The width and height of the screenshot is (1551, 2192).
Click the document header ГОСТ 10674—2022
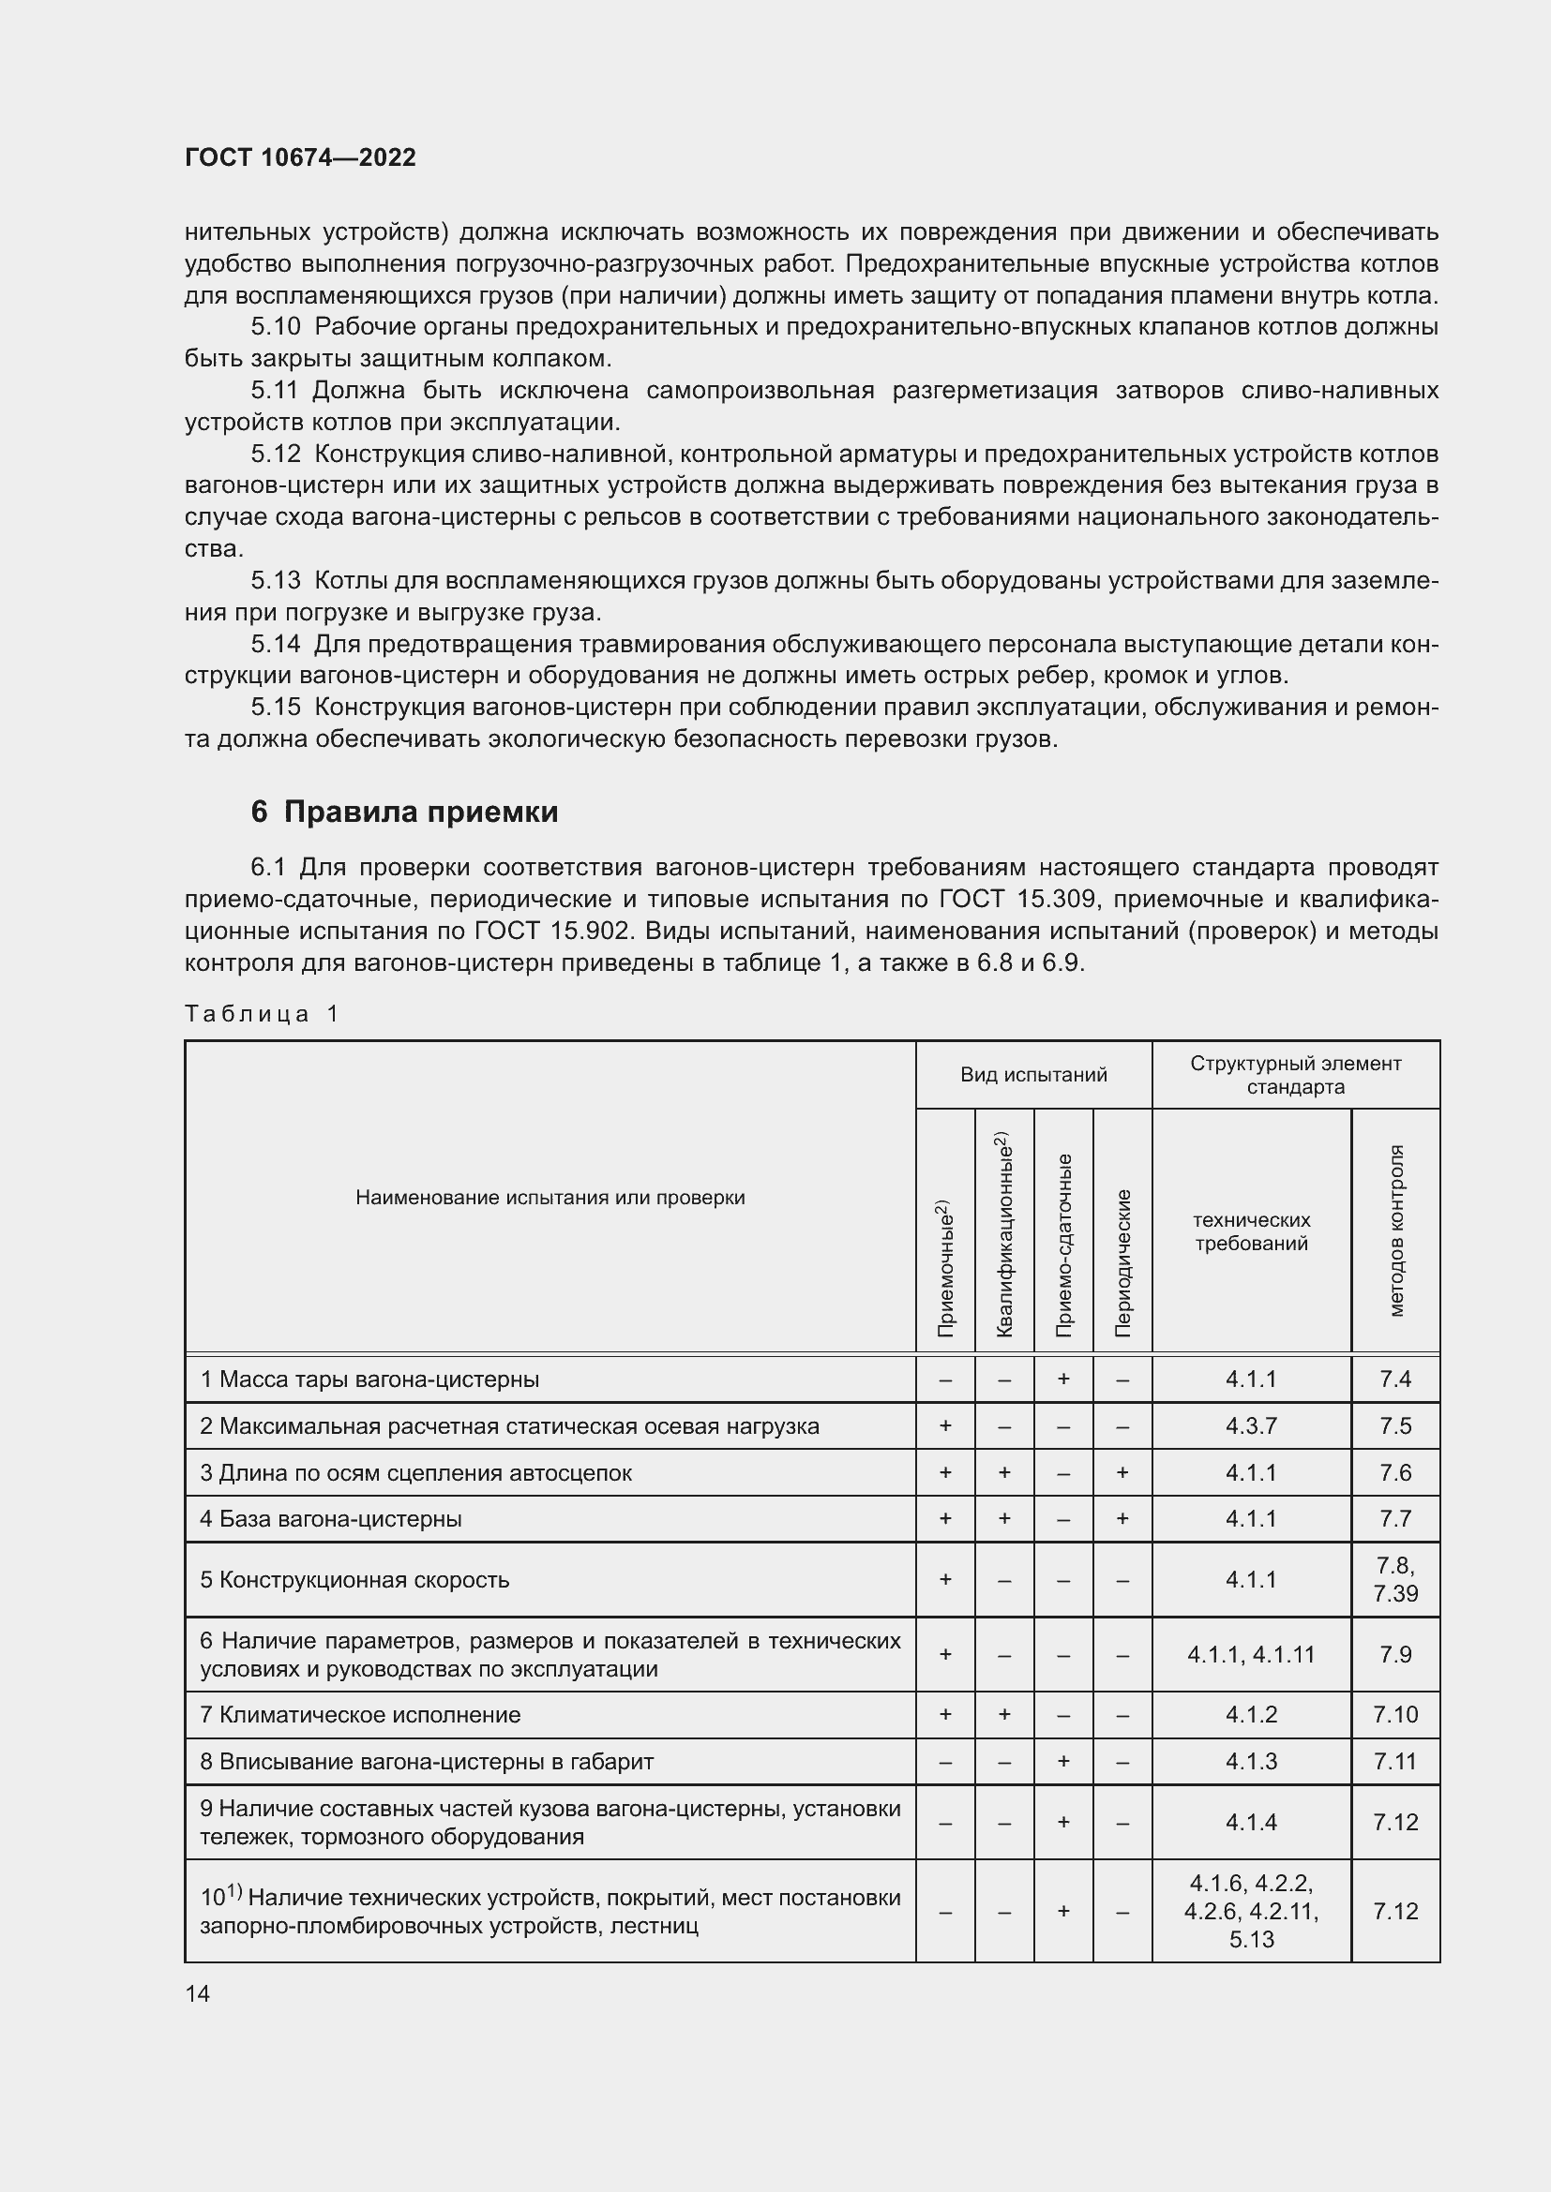(x=300, y=157)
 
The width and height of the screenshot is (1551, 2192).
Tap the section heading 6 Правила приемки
(x=404, y=812)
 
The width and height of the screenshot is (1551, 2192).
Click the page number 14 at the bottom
(x=198, y=1993)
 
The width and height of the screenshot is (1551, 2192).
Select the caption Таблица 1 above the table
(x=262, y=1014)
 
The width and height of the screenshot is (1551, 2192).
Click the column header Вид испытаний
(x=1033, y=1075)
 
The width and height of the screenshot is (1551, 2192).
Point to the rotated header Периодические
(x=1123, y=1262)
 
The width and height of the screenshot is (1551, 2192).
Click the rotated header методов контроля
(x=1395, y=1231)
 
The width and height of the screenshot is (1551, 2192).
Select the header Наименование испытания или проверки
(x=550, y=1197)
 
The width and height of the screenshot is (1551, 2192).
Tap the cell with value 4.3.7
(x=1251, y=1425)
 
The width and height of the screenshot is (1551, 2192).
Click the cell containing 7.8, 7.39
(x=1395, y=1579)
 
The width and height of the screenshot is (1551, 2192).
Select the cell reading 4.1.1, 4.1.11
(x=1251, y=1654)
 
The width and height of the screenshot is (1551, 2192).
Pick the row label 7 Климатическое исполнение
(x=360, y=1715)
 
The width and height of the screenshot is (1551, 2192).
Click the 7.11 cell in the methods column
(x=1395, y=1762)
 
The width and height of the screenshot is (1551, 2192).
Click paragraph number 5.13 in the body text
(x=275, y=580)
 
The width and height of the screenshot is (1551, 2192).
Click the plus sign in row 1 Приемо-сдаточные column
(x=1063, y=1379)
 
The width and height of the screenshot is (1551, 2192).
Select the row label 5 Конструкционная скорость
(x=354, y=1579)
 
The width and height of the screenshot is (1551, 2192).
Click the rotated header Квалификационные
(x=1003, y=1233)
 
